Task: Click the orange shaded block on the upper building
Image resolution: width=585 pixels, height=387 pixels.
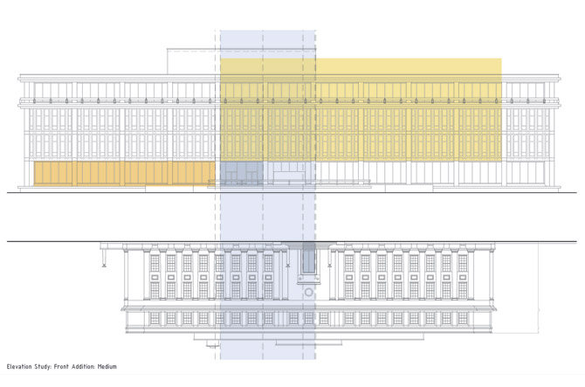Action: point(122,174)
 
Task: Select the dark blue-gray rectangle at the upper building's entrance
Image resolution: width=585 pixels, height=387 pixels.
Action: point(240,173)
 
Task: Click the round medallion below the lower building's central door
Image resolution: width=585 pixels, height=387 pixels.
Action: point(307,290)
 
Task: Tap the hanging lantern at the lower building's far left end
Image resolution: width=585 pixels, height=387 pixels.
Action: point(104,261)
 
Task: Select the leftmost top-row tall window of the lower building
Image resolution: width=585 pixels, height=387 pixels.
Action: point(155,263)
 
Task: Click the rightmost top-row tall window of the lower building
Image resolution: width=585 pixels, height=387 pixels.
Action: point(463,263)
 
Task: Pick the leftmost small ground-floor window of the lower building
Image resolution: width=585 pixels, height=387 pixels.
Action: point(155,319)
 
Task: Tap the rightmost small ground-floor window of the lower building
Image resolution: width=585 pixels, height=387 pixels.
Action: point(463,319)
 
